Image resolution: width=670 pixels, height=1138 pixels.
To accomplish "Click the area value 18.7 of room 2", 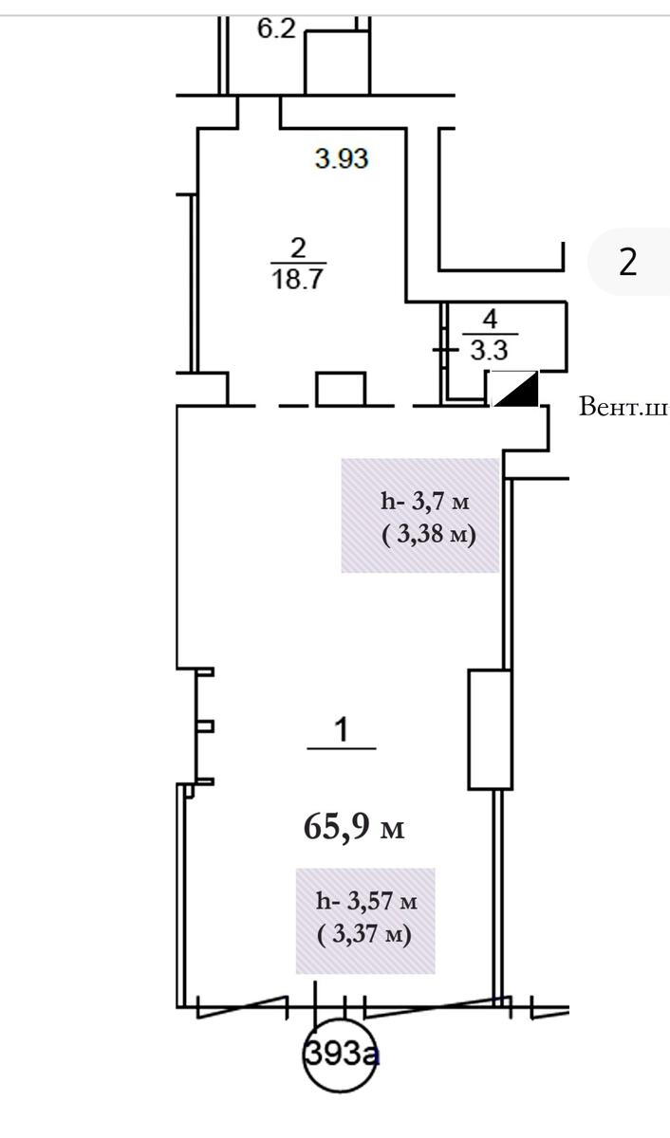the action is coord(298,279).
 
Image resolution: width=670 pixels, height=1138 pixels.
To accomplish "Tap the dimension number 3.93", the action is coord(342,158).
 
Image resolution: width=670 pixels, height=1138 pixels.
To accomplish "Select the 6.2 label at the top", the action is coord(276,28).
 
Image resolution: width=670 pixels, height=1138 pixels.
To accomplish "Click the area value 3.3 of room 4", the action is coord(489,350).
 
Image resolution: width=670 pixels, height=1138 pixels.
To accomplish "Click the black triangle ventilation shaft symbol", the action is coord(516,389).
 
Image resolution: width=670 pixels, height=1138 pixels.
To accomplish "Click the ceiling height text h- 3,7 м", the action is coord(425,502).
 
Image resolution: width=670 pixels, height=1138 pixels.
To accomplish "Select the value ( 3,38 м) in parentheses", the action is coord(429,535).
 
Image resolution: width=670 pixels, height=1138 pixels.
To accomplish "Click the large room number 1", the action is coord(342,729).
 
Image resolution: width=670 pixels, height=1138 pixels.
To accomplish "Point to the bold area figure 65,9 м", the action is coord(354,827).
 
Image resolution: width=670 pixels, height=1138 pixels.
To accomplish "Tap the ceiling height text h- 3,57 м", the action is coord(366,901).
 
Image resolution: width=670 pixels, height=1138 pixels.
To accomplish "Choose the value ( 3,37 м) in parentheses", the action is coord(364,934).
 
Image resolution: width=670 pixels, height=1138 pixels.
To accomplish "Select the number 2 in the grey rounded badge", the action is coord(628,262).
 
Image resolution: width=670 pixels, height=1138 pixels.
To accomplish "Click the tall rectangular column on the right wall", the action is coord(490,729).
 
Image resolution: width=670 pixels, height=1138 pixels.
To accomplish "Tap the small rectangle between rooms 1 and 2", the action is coord(341,389).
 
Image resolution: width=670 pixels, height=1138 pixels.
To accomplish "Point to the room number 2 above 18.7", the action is coord(298,248).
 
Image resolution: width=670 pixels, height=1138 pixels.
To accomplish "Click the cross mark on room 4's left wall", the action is coord(445,350).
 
